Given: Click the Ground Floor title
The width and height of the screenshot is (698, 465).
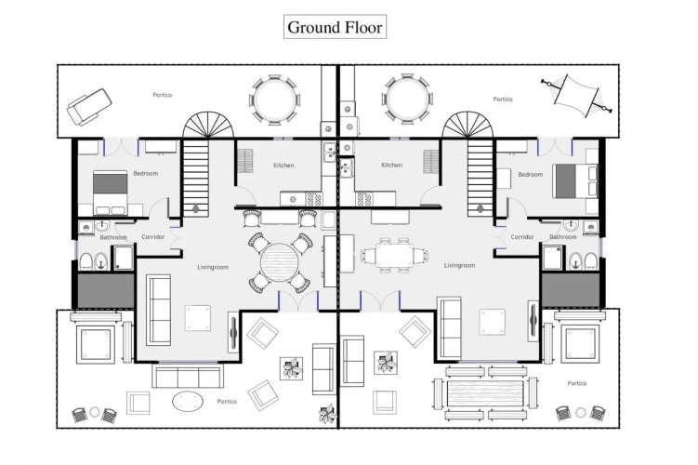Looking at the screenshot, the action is pyautogui.click(x=335, y=27).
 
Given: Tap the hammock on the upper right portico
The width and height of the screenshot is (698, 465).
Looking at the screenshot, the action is pyautogui.click(x=576, y=96).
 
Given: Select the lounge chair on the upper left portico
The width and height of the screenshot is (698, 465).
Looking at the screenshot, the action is pyautogui.click(x=89, y=106).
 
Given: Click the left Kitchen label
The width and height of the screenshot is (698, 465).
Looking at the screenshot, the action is pyautogui.click(x=283, y=166).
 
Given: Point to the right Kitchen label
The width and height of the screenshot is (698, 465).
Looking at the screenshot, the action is pyautogui.click(x=391, y=165).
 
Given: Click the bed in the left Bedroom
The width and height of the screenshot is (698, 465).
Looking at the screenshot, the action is pyautogui.click(x=111, y=193).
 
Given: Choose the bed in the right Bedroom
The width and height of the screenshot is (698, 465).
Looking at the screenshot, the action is pyautogui.click(x=574, y=180).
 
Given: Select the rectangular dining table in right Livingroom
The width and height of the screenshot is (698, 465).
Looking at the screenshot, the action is pyautogui.click(x=394, y=256).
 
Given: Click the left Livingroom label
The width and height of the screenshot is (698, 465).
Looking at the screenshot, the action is pyautogui.click(x=213, y=267).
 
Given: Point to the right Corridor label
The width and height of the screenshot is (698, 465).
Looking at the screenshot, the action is pyautogui.click(x=522, y=237).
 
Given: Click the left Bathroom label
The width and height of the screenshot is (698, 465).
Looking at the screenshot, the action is pyautogui.click(x=113, y=237).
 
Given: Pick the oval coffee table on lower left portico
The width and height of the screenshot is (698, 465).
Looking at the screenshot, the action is pyautogui.click(x=188, y=401).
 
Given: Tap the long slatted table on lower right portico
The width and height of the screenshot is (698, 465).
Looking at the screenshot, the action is pyautogui.click(x=485, y=392).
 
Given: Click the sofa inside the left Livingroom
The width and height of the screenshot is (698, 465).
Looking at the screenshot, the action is pyautogui.click(x=159, y=310).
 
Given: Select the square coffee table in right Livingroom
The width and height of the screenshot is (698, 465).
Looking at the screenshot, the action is pyautogui.click(x=492, y=322).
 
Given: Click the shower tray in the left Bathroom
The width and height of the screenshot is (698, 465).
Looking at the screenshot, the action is pyautogui.click(x=124, y=258).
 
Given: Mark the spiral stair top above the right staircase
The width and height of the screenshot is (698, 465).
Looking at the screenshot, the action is pyautogui.click(x=468, y=125).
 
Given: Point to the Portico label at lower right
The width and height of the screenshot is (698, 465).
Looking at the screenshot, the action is pyautogui.click(x=577, y=383).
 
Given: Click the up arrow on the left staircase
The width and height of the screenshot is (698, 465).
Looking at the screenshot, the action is pyautogui.click(x=196, y=208).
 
